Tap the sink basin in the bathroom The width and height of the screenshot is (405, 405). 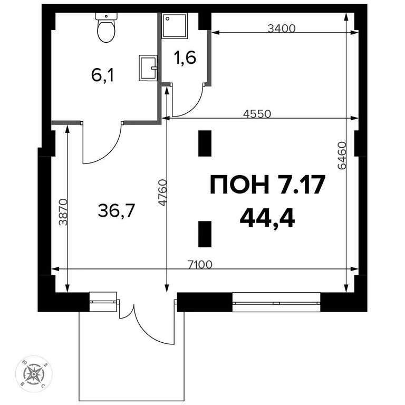(x=148, y=68)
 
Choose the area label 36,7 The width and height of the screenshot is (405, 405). (x=117, y=211)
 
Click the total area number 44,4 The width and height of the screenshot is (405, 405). (x=267, y=217)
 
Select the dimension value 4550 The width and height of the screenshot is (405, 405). (x=257, y=113)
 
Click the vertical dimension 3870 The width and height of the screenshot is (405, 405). (x=63, y=212)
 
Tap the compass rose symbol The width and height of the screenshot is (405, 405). (x=35, y=374)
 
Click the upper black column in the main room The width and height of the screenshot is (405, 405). (x=205, y=143)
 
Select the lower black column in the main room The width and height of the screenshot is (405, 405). (x=205, y=234)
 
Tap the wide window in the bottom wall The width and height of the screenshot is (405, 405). (x=276, y=303)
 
